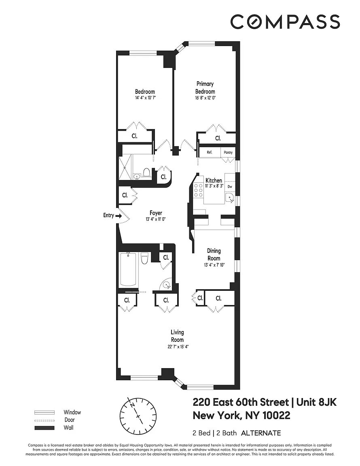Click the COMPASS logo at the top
285,21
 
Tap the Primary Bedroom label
205,88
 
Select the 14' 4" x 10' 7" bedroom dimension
145,97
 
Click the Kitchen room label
214,180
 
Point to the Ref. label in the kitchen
209,152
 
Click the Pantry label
228,152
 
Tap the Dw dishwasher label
230,186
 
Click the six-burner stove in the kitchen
198,190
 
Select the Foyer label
156,213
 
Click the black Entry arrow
118,216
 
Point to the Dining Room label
214,254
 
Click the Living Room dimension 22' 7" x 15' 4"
178,347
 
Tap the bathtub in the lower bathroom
128,270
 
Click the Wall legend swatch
44,428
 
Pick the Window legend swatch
44,413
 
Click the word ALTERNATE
261,433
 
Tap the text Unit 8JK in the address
317,402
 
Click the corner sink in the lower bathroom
167,285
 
